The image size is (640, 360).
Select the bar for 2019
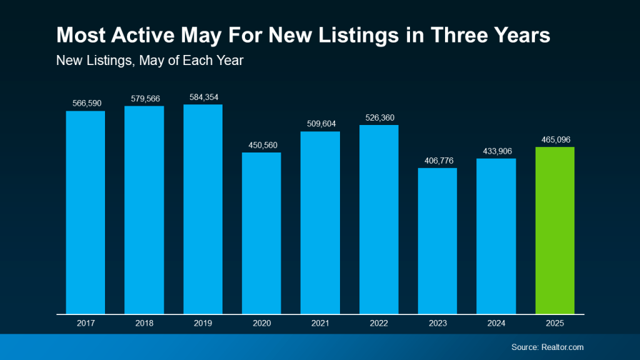tap(202, 209)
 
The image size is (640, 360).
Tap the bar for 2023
tap(437, 241)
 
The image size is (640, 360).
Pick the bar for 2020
tap(261, 232)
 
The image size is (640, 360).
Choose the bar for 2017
tap(86, 212)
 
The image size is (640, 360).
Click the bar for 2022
tap(379, 219)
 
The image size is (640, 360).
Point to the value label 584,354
tap(202, 97)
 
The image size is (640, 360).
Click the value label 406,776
tap(437, 161)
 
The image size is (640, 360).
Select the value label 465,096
tap(554, 139)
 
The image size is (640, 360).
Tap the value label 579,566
tap(144, 99)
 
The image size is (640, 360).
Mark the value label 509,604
tap(320, 124)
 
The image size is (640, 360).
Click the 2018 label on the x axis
tap(144, 323)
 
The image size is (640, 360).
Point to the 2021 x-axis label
tap(320, 323)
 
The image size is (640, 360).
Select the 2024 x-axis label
tap(496, 323)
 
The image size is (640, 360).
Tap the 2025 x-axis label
tap(554, 323)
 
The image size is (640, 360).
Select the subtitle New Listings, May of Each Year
tap(149, 61)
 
